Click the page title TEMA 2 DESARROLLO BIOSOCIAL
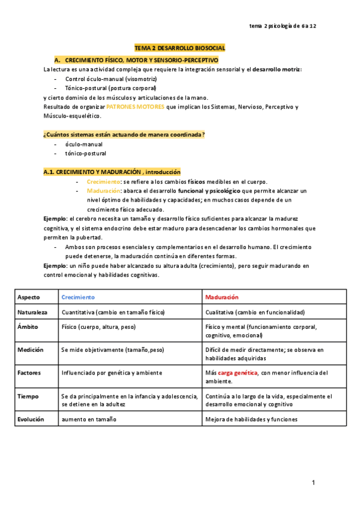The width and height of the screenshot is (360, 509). [x=179, y=47]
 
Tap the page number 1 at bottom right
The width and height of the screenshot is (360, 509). [x=313, y=483]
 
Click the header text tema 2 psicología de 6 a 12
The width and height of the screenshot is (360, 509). [x=282, y=26]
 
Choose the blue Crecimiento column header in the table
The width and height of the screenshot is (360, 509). [x=78, y=297]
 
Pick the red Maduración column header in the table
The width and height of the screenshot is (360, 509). [x=221, y=297]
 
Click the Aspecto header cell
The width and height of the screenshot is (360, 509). [x=28, y=297]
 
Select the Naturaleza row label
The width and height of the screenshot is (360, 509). [x=32, y=313]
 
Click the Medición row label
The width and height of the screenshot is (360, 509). [x=30, y=349]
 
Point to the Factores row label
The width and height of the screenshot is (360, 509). [x=30, y=373]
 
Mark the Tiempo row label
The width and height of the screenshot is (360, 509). [x=28, y=396]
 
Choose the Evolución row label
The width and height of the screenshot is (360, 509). [x=31, y=420]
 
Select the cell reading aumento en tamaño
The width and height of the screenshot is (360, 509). [x=88, y=420]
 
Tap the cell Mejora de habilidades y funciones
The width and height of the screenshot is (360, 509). [x=251, y=420]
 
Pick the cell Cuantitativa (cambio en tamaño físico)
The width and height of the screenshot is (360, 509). [x=113, y=313]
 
